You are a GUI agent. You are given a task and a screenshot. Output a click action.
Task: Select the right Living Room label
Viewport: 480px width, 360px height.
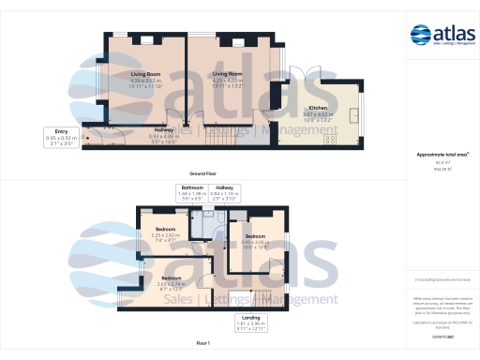228,72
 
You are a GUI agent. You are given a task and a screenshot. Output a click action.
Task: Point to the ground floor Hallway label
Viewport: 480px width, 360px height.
165,129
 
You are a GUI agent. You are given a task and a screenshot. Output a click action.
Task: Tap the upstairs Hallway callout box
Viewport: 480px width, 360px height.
226,194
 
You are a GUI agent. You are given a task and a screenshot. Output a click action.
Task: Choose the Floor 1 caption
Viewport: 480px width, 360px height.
203,345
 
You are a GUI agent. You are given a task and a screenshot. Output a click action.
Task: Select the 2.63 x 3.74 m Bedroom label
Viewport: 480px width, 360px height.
171,278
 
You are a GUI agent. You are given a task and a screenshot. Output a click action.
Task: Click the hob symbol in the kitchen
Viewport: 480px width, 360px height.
330,141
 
